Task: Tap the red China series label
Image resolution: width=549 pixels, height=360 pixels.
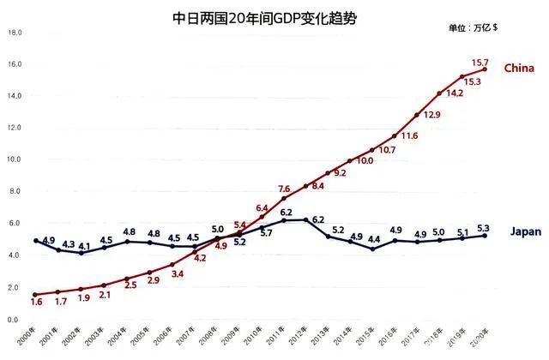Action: click(519, 68)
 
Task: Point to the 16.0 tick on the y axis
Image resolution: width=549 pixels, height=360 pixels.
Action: click(15, 64)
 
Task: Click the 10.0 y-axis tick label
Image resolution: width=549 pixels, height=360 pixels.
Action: click(15, 160)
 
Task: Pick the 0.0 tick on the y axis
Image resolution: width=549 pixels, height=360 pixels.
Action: click(13, 320)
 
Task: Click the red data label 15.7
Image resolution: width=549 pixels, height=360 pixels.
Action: click(481, 63)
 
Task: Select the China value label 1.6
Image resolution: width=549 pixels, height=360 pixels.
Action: click(36, 303)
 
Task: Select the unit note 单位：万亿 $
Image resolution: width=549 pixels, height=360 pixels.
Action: click(473, 27)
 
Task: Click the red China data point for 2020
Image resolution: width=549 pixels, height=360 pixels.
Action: click(486, 70)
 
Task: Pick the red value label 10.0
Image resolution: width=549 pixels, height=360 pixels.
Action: click(365, 160)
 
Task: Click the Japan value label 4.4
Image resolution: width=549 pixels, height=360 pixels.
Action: click(375, 239)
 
